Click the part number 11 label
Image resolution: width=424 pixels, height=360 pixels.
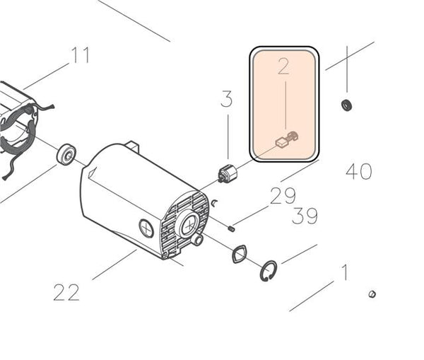[80, 55]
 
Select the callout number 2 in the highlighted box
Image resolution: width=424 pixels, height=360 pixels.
[283, 66]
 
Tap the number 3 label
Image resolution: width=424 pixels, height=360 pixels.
[227, 99]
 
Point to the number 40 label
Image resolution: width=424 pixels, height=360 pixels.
[359, 171]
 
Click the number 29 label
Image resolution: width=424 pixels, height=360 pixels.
[283, 196]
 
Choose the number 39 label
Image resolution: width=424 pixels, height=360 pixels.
[305, 216]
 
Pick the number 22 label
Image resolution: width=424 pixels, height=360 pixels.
[66, 292]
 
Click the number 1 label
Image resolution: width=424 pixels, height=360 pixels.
[344, 272]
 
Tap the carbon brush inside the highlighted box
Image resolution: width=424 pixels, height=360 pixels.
[287, 139]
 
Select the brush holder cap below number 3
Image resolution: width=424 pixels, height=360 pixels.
[228, 173]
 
